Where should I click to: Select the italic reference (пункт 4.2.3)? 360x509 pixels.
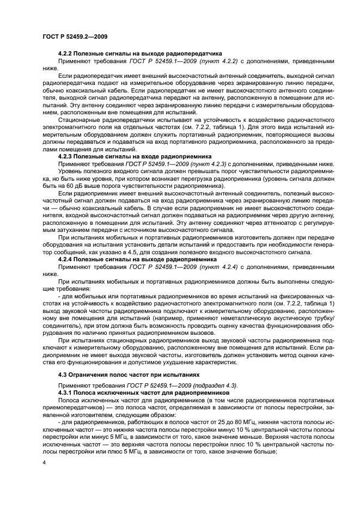click(208, 163)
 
